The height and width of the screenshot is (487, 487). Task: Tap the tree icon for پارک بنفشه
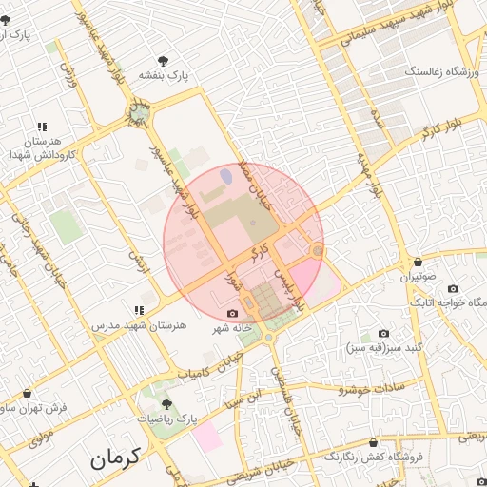tap(169, 59)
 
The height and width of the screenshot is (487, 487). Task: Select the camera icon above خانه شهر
tap(233, 313)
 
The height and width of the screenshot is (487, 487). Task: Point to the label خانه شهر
tap(231, 328)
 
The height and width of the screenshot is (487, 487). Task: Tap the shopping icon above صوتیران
tap(418, 263)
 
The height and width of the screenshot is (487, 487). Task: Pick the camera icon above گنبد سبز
tap(383, 333)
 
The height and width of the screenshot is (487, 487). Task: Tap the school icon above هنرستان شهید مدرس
tap(140, 309)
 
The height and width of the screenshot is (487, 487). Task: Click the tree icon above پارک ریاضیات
tap(166, 404)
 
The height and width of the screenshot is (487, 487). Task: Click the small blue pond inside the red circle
tap(225, 175)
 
